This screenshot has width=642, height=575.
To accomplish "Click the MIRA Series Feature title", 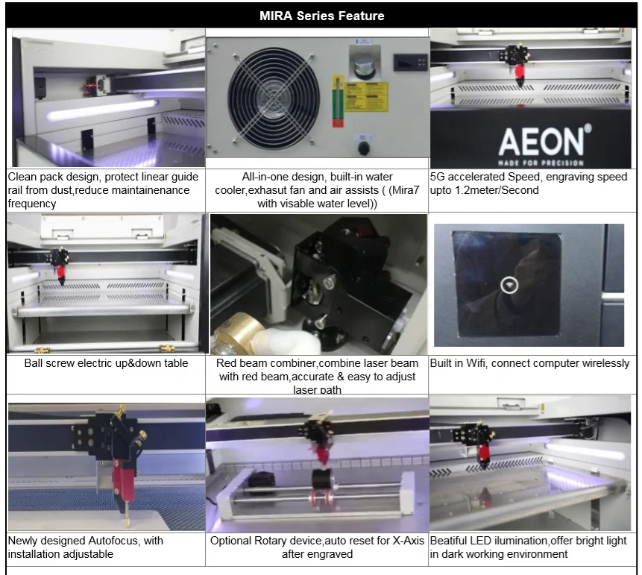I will pos(321,15).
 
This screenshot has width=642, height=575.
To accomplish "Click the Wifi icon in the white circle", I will pos(509,285).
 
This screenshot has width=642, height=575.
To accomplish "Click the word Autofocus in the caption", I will pos(137,540).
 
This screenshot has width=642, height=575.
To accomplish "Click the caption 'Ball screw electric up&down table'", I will pos(106,363).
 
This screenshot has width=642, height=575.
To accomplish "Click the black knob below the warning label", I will pos(364,148).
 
